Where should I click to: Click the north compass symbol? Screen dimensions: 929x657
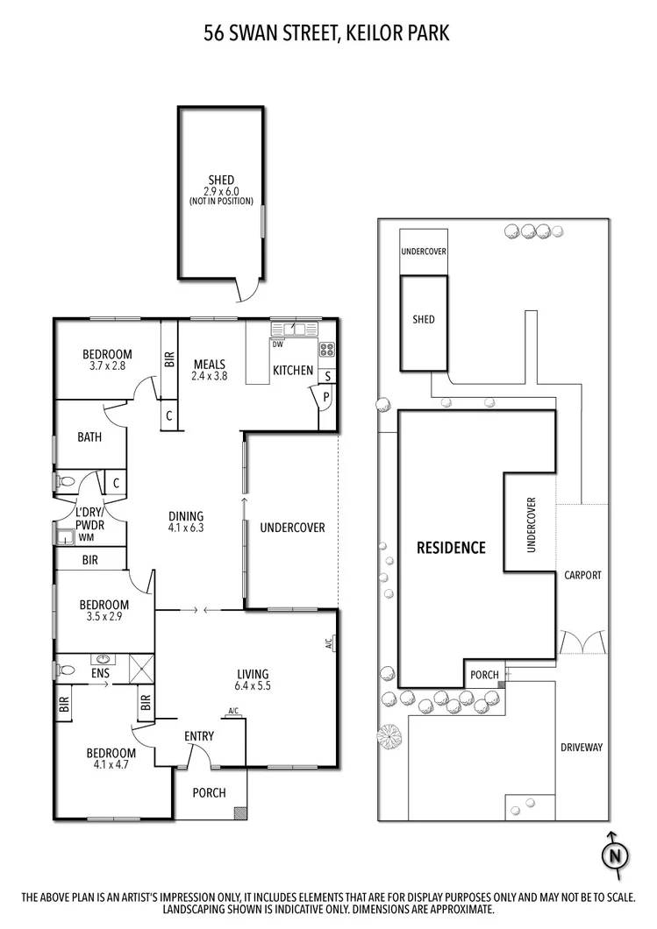(x=616, y=855)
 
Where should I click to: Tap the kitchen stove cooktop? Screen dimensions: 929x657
(x=328, y=350)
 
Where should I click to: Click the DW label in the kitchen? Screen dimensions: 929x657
(x=277, y=344)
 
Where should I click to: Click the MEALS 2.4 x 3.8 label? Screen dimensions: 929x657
(x=210, y=370)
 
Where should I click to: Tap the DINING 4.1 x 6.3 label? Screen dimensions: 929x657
(x=186, y=521)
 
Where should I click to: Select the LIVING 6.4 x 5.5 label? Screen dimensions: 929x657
(x=254, y=679)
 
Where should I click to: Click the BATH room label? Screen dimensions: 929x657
(x=89, y=436)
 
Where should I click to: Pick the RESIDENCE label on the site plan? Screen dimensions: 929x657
(x=450, y=548)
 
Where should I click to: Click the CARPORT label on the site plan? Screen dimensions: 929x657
(x=582, y=575)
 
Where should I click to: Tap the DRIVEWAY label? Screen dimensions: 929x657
(x=582, y=747)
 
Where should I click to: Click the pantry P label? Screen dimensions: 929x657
(x=326, y=397)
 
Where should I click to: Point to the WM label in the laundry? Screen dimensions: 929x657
(x=86, y=537)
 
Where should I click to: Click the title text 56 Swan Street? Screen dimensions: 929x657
(x=327, y=33)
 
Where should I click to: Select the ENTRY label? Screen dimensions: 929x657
(x=198, y=736)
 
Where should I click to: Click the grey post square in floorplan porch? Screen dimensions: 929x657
(x=239, y=812)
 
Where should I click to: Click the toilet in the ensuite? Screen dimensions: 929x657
(x=64, y=670)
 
